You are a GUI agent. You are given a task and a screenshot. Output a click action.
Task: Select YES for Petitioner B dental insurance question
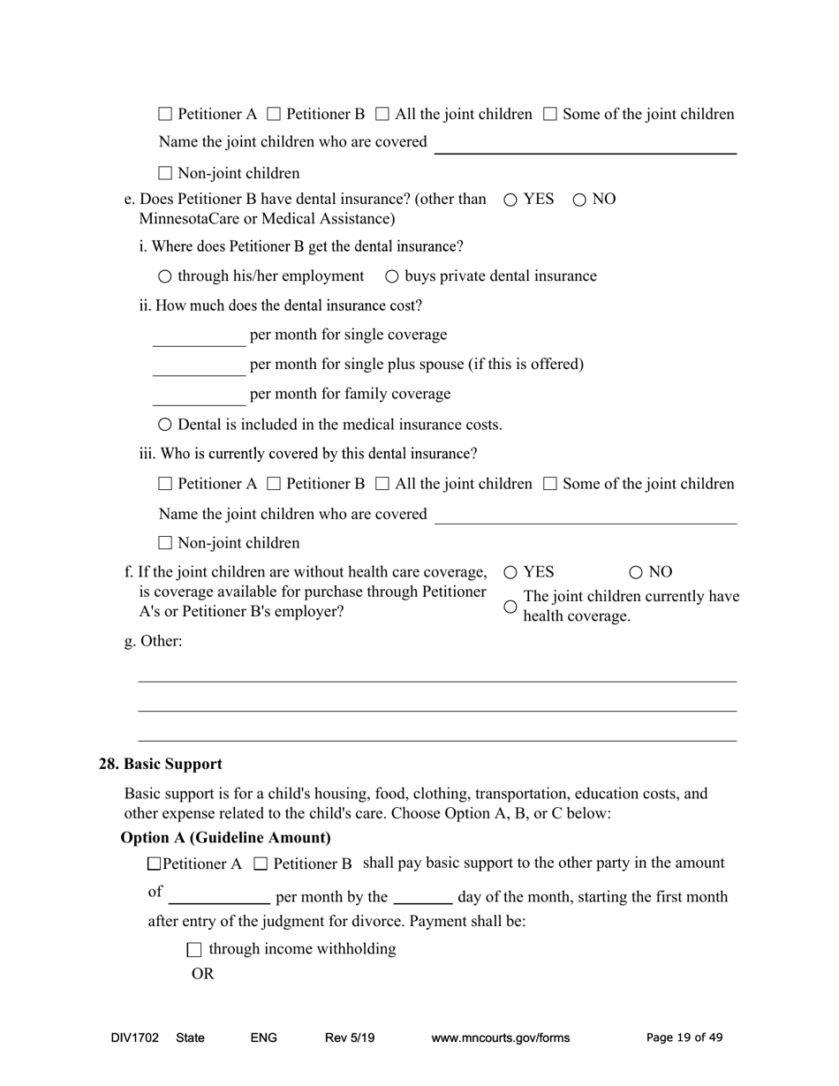(510, 200)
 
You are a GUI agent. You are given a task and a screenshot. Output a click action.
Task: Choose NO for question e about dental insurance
(579, 200)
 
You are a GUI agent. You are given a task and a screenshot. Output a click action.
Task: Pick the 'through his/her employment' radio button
(165, 276)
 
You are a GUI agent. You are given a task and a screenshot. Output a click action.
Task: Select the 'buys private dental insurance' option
(392, 276)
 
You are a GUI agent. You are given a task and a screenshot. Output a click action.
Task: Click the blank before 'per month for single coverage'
(199, 337)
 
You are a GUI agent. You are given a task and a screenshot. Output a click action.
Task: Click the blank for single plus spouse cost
(199, 366)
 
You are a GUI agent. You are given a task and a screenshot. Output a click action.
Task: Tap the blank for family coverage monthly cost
(199, 396)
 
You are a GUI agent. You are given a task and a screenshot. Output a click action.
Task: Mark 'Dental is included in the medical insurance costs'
(165, 425)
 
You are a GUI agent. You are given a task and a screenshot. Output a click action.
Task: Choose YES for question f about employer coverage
(510, 572)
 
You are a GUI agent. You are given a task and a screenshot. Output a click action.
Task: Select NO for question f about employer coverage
(636, 572)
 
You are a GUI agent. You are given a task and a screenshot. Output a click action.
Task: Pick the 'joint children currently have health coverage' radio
(510, 607)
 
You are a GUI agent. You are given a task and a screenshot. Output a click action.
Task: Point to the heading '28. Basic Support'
(160, 764)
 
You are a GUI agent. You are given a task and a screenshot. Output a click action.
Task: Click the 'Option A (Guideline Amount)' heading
(225, 837)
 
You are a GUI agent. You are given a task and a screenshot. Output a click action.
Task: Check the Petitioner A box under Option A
(155, 864)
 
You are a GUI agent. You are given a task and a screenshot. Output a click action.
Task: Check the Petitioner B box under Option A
(261, 864)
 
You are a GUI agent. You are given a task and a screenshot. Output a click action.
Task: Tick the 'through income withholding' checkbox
(195, 950)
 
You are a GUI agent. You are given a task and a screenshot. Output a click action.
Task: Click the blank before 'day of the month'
(422, 896)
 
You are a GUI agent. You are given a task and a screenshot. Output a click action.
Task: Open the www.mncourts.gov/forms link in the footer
(500, 1037)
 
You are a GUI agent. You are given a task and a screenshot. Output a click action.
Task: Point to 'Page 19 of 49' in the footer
(684, 1037)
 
